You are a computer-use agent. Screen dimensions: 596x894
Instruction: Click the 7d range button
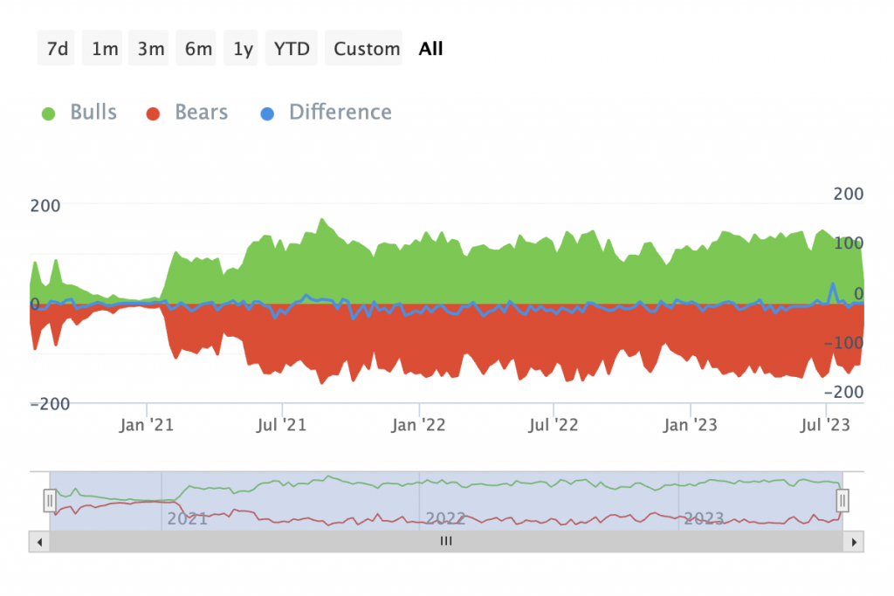(57, 49)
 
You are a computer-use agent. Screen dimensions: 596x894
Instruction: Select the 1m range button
(104, 49)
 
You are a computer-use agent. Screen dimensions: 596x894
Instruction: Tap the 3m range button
(151, 49)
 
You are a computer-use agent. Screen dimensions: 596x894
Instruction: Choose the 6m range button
(198, 49)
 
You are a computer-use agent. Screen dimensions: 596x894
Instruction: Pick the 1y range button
(243, 49)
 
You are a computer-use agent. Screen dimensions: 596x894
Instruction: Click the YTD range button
(292, 49)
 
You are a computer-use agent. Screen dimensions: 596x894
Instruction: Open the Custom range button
(367, 49)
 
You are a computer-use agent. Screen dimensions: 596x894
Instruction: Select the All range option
(430, 49)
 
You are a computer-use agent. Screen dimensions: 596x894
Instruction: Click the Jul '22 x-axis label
(554, 425)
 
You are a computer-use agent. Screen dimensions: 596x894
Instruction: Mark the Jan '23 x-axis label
(691, 425)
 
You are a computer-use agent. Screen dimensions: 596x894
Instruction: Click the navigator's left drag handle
(50, 500)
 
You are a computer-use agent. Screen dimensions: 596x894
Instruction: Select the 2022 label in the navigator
(445, 518)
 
